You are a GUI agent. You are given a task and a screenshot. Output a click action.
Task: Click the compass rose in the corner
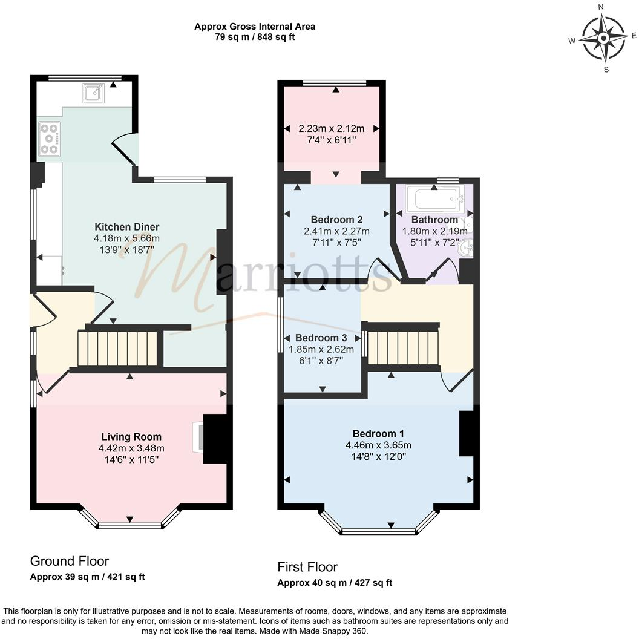pyautogui.click(x=604, y=38)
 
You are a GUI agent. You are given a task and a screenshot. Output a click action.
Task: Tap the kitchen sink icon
pyautogui.click(x=94, y=93)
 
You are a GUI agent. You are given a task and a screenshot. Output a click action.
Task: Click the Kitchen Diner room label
pyautogui.click(x=131, y=227)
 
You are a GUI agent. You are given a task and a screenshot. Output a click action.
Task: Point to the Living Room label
pyautogui.click(x=131, y=436)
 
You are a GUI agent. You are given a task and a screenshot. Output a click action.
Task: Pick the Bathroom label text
pyautogui.click(x=434, y=220)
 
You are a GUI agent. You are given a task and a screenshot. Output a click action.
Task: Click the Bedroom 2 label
pyautogui.click(x=336, y=219)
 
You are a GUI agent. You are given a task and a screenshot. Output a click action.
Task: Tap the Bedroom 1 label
pyautogui.click(x=378, y=433)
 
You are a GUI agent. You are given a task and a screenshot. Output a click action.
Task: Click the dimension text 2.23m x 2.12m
pyautogui.click(x=332, y=128)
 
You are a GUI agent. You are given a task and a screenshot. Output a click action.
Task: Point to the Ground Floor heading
pyautogui.click(x=70, y=561)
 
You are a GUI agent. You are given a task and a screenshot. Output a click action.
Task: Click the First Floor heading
pyautogui.click(x=307, y=566)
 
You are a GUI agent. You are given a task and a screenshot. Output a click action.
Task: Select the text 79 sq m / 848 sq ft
pyautogui.click(x=255, y=37)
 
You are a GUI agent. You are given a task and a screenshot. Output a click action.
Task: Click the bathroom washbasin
pyautogui.click(x=467, y=248)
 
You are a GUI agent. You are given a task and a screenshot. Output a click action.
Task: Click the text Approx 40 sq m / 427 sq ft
pyautogui.click(x=335, y=583)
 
